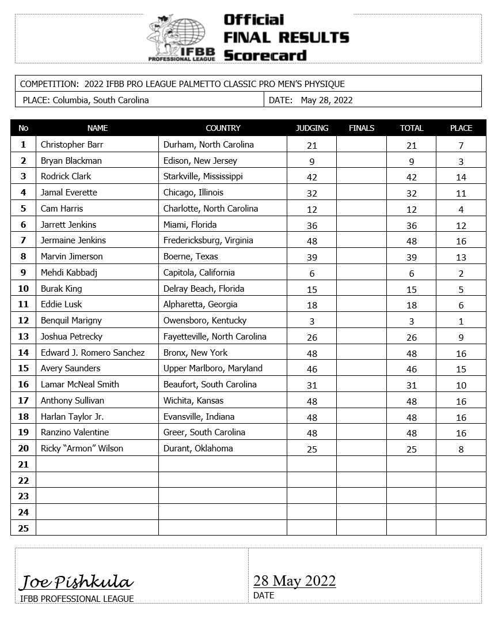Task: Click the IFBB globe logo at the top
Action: [182, 37]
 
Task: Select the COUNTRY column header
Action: [223, 128]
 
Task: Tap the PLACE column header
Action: [461, 128]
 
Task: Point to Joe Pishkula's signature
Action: [77, 582]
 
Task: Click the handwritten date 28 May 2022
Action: [294, 581]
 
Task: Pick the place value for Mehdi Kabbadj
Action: [461, 273]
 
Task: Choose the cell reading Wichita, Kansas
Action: [193, 401]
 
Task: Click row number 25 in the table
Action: [23, 528]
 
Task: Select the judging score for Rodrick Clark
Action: [311, 177]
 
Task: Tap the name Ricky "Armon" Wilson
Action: [82, 449]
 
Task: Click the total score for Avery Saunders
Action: [411, 369]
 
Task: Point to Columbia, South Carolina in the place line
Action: [101, 100]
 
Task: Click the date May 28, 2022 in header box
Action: [326, 100]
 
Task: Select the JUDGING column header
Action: [311, 128]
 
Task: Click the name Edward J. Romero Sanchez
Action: [92, 353]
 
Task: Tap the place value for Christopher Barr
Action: [461, 145]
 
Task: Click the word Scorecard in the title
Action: [265, 56]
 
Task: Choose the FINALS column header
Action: [362, 128]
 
